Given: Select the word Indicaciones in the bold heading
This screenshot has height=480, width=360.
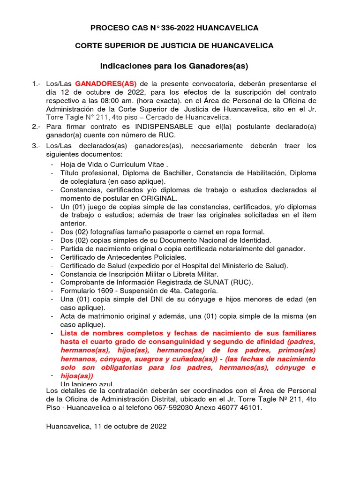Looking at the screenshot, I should tap(123, 65).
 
